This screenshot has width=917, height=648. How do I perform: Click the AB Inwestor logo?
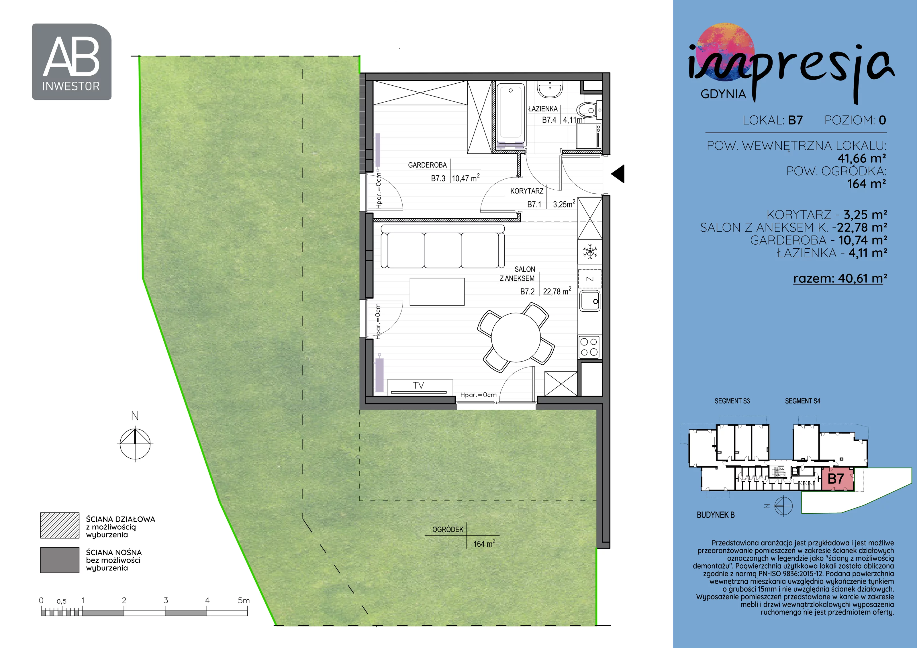71,62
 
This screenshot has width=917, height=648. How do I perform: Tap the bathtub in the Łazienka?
511,111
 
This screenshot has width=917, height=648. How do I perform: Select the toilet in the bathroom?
588,109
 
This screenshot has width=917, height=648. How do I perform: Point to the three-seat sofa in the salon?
442,246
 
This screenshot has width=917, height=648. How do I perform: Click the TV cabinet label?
418,385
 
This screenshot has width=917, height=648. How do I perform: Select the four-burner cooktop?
589,347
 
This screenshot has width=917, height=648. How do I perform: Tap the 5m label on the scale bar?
244,600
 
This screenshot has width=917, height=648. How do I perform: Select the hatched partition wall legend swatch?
60,525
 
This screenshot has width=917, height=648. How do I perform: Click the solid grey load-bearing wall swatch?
60,560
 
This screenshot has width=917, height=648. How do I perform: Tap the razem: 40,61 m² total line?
840,278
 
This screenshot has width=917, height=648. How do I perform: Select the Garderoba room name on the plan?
427,165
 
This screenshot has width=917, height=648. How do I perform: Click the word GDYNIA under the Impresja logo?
723,94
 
